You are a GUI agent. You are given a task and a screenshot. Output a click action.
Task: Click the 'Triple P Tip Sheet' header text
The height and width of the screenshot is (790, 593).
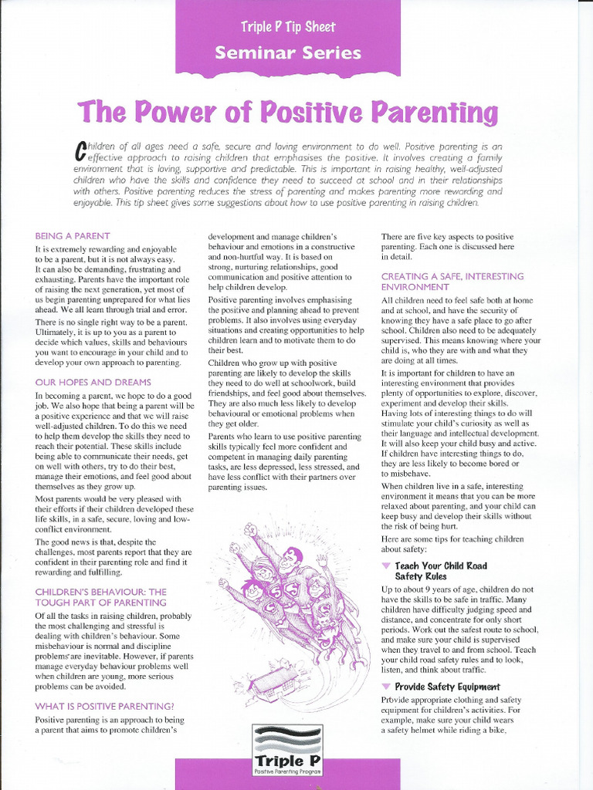[288, 27]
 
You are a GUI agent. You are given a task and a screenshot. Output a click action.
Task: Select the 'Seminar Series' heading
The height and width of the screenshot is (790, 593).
[288, 53]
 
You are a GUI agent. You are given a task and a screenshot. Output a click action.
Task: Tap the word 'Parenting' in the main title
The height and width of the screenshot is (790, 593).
[435, 113]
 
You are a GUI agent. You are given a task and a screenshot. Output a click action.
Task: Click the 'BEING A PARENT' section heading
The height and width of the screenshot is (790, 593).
[73, 235]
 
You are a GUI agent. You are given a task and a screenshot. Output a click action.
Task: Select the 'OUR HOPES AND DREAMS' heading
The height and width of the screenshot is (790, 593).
[93, 382]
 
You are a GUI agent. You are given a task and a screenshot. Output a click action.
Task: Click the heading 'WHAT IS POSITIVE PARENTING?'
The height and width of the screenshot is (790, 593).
[104, 705]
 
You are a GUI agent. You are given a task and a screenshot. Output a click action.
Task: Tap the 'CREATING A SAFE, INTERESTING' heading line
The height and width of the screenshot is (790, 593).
[452, 275]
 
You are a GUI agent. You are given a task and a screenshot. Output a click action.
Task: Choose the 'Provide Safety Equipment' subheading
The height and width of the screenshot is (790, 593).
[447, 687]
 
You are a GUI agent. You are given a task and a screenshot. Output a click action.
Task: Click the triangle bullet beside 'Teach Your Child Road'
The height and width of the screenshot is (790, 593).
[386, 566]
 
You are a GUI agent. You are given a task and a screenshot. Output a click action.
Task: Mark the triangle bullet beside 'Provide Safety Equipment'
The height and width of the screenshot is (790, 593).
[386, 687]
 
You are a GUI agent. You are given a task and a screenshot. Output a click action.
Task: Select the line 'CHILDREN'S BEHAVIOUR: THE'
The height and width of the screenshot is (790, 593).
[100, 591]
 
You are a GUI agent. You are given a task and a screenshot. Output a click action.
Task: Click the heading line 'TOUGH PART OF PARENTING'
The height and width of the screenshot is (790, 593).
[100, 602]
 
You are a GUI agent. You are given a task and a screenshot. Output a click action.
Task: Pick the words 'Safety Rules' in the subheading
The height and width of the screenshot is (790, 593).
[421, 576]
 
